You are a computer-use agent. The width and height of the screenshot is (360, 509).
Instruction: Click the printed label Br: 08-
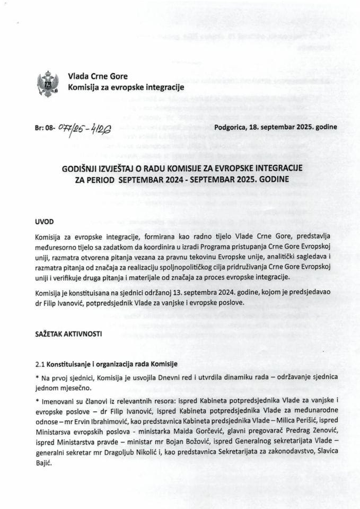(x=44, y=128)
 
